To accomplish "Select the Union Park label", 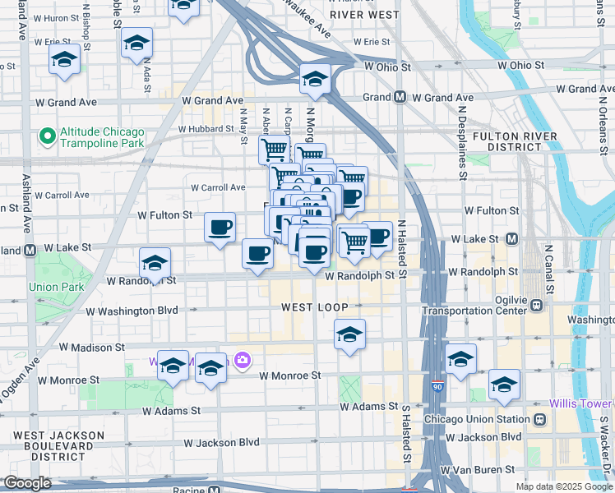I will [51, 287].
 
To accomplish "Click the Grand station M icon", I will [400, 97].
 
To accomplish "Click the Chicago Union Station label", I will [478, 419].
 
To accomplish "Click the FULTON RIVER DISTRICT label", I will [510, 141].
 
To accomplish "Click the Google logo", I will [27, 483].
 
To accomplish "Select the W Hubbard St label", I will [207, 129].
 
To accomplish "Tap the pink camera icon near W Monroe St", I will [242, 360].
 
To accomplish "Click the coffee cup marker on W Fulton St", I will [220, 228].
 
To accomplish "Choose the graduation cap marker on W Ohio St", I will [315, 80].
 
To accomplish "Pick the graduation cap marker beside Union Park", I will [155, 263].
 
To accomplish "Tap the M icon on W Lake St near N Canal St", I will [511, 239].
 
